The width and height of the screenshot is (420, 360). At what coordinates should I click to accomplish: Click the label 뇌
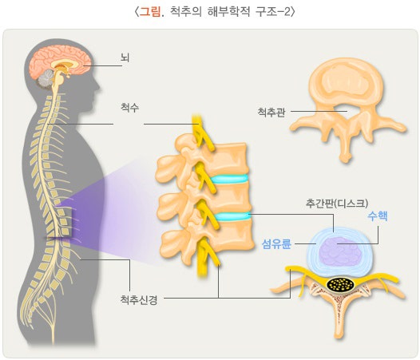click(125, 57)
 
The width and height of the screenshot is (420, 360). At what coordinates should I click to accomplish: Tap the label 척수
click(129, 108)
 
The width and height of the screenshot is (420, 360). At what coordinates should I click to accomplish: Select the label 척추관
click(271, 112)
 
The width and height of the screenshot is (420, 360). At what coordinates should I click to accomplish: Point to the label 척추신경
click(138, 299)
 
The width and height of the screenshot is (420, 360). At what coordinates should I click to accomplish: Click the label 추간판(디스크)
click(337, 204)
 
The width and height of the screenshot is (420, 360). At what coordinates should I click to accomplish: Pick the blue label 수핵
click(378, 216)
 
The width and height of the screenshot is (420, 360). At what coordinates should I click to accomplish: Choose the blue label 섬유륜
click(276, 244)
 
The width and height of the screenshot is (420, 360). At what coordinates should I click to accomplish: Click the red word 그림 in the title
click(150, 12)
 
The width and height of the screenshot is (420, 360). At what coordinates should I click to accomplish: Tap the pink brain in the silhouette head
click(61, 61)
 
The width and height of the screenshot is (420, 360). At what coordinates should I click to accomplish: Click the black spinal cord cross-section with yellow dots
click(340, 284)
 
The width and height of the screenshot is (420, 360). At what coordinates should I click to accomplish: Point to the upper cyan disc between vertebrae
click(229, 179)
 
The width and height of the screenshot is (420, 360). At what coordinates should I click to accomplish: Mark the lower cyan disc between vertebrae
click(232, 216)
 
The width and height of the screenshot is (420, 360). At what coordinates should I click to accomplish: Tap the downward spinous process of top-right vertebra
click(345, 148)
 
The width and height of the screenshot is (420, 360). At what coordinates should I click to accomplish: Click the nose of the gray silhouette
click(98, 87)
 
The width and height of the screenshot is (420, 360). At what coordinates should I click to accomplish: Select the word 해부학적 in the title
click(228, 12)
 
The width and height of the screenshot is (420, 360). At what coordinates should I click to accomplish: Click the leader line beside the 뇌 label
click(102, 65)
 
